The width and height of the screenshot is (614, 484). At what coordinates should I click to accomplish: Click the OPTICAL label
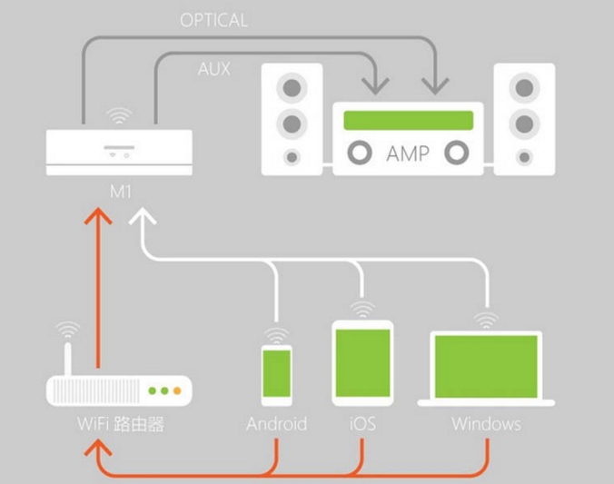point(213,19)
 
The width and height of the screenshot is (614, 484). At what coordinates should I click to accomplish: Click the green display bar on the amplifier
point(408,120)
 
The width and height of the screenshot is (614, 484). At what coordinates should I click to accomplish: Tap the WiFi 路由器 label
point(120,424)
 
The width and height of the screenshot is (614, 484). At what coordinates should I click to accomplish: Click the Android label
point(277,424)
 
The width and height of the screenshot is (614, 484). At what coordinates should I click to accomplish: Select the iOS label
point(361,424)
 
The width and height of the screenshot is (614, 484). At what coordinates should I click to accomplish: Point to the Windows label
point(487,424)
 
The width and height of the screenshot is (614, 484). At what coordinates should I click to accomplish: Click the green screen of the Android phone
point(277,373)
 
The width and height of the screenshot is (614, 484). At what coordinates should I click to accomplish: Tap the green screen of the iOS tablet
point(362,361)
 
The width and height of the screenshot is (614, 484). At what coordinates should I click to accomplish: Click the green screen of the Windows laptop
point(487,362)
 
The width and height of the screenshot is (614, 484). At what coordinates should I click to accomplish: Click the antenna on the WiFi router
point(67,360)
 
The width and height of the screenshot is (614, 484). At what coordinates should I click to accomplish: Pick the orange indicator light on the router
point(178,390)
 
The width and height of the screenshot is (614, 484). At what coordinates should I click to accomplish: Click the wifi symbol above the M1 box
point(119,117)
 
